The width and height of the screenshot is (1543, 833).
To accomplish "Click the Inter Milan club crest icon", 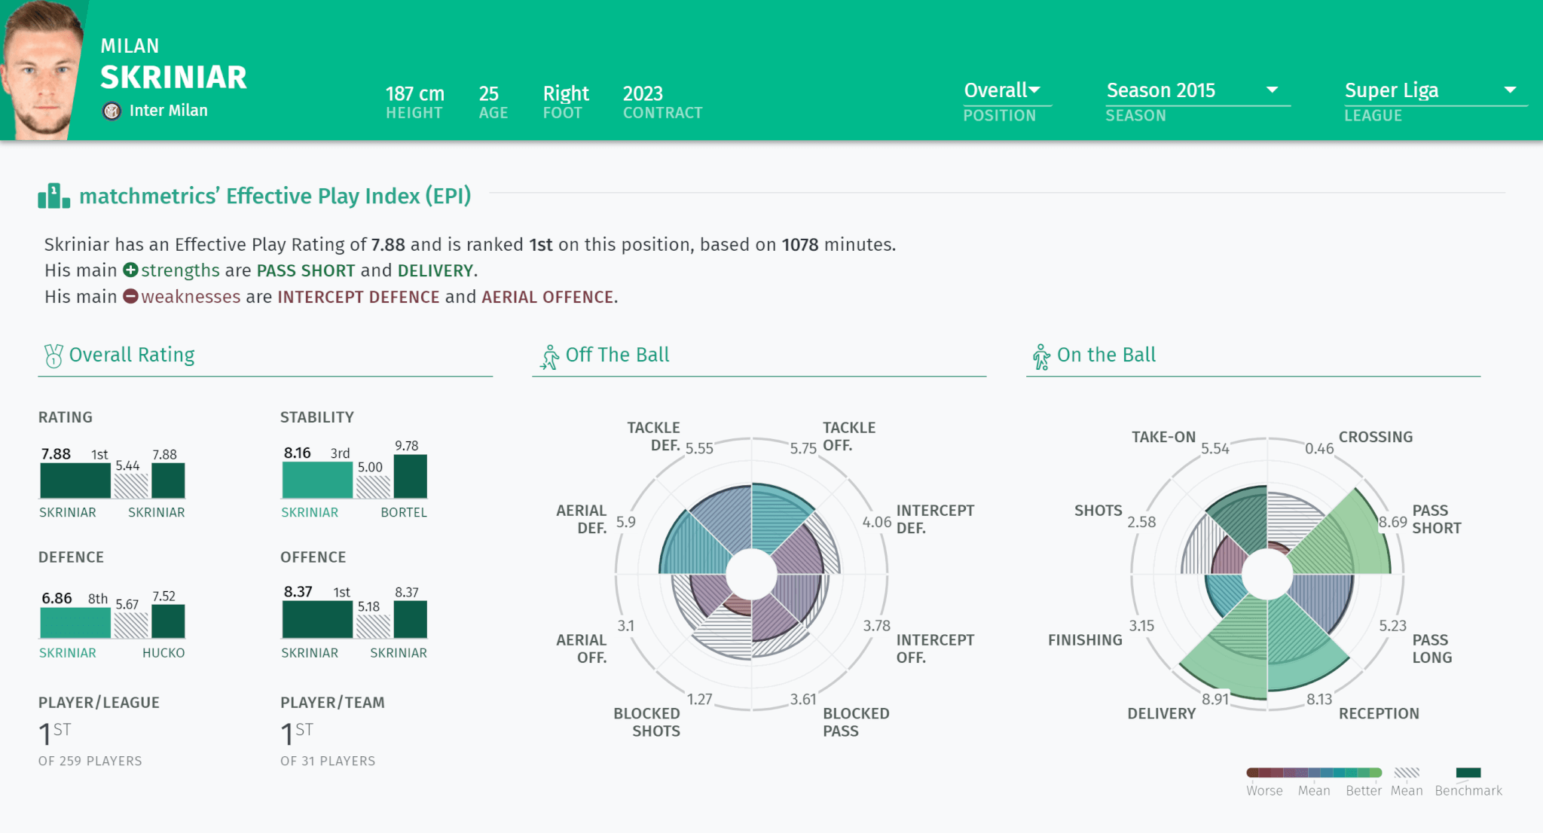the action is tap(112, 111).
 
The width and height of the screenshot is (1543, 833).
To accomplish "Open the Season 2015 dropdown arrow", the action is tap(1273, 90).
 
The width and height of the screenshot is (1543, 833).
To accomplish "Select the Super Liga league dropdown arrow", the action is tap(1510, 90).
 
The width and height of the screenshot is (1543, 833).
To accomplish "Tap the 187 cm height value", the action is tap(414, 93).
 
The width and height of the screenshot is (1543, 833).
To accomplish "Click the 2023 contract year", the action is tap(643, 93).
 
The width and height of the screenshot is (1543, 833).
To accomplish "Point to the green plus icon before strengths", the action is tap(130, 270).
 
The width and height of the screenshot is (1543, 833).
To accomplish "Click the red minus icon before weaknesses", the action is tap(130, 296).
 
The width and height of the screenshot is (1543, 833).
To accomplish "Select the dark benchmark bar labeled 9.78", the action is tap(411, 476).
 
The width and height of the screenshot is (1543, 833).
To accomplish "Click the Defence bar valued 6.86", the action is tap(75, 623).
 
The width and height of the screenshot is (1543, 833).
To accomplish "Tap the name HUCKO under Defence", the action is tap(163, 653).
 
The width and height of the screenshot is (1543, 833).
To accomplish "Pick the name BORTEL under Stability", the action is tap(404, 512).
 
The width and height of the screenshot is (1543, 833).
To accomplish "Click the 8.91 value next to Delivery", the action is tap(1215, 699).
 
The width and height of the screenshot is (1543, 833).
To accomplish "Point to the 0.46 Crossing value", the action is tap(1319, 449).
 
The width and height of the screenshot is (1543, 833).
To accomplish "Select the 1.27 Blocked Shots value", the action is tap(699, 699).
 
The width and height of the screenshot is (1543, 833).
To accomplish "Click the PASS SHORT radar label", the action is tap(1436, 519).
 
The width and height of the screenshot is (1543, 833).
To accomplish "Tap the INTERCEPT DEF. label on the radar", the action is tap(935, 519).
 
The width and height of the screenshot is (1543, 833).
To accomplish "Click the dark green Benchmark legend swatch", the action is tap(1468, 772).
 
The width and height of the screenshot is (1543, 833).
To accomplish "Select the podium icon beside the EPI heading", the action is tap(54, 196).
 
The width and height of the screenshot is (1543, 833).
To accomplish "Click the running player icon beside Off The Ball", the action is tap(550, 357).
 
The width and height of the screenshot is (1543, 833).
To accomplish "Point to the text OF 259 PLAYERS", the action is tap(90, 761).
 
